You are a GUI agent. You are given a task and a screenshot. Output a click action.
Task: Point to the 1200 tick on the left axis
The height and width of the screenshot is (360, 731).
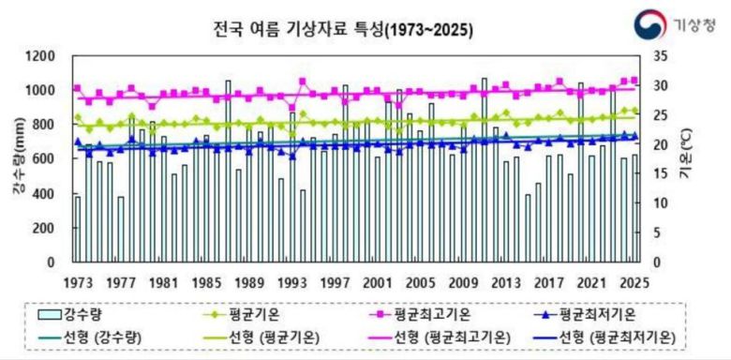coord(50,57)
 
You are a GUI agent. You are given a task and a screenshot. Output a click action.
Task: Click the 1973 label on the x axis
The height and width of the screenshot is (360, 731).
coord(78,283)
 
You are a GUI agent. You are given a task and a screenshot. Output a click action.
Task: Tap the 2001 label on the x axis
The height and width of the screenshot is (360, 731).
coord(377,283)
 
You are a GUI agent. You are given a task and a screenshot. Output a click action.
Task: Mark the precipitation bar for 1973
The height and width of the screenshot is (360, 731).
coord(78,230)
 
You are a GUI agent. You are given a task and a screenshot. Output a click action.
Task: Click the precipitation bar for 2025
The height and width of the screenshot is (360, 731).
coord(634,209)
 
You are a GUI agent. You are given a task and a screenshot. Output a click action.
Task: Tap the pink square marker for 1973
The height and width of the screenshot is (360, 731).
coord(77,88)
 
